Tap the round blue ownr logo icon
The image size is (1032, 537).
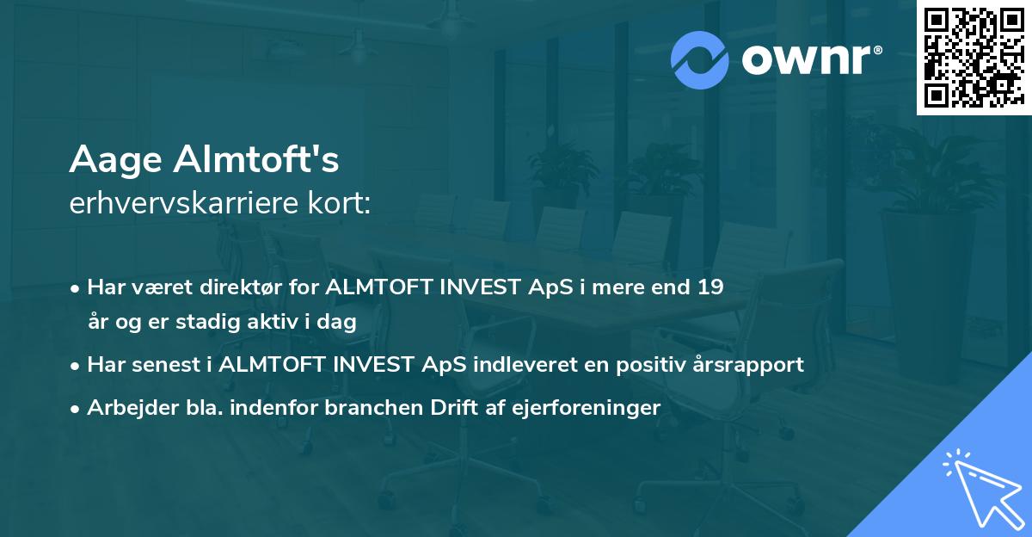700,59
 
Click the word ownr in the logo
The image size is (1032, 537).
804,59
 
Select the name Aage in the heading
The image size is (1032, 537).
117,160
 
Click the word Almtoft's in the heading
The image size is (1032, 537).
257,159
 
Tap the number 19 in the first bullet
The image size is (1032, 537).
710,287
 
